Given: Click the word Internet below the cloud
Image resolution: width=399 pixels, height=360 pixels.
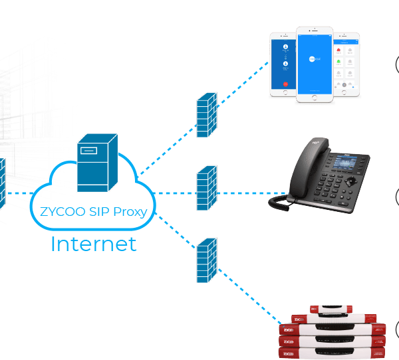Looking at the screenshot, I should click(93, 244).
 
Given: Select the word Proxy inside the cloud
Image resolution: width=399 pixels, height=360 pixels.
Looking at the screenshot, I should click(130, 214).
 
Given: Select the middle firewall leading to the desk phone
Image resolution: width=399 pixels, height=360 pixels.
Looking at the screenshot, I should click(206, 188).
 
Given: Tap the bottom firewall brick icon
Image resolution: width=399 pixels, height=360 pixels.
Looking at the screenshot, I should click(206, 260).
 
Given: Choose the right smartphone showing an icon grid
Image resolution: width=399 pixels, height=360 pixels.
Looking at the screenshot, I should click(346, 64).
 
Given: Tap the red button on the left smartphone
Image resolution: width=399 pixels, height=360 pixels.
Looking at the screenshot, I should click(285, 84).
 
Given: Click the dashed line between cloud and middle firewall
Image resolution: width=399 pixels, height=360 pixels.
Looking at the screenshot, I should click(174, 194).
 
